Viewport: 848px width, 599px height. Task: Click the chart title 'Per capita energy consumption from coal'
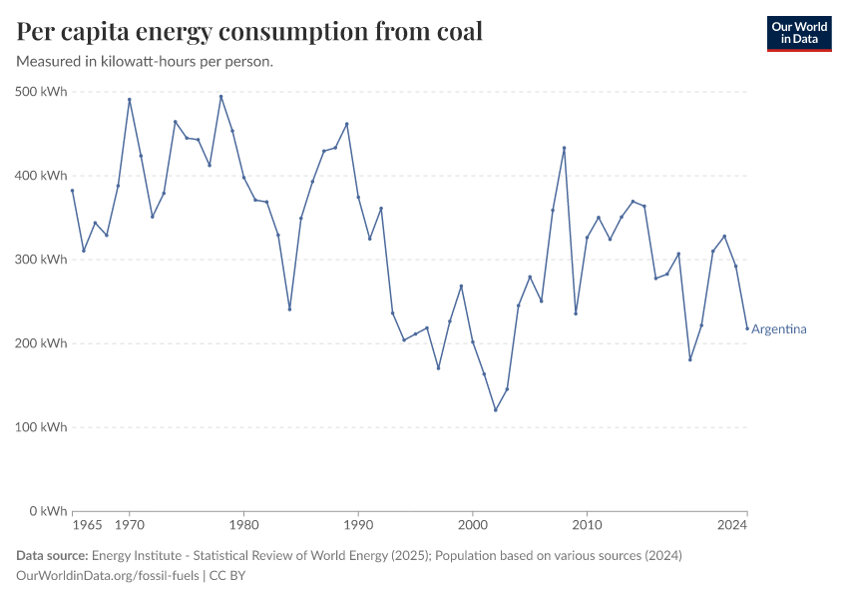[249, 31]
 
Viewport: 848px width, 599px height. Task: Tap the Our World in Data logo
[798, 33]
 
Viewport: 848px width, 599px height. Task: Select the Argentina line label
[779, 329]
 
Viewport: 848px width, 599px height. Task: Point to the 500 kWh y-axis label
[42, 92]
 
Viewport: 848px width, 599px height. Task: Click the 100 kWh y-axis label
[42, 427]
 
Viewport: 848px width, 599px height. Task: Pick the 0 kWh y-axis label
[48, 511]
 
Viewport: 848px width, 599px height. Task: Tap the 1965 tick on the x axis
[87, 525]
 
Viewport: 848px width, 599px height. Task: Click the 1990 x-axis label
[358, 525]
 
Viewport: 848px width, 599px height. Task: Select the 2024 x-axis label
[732, 525]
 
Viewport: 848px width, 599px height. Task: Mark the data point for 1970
[130, 99]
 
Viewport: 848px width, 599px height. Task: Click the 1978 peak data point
[220, 97]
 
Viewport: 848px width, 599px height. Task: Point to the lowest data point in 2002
[495, 409]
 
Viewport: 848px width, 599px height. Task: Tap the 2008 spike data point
[564, 148]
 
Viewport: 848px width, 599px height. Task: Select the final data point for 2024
[746, 328]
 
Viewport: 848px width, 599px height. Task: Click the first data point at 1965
[72, 191]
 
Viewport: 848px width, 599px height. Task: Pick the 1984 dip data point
[289, 309]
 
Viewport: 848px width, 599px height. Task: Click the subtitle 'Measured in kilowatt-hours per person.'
[145, 62]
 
